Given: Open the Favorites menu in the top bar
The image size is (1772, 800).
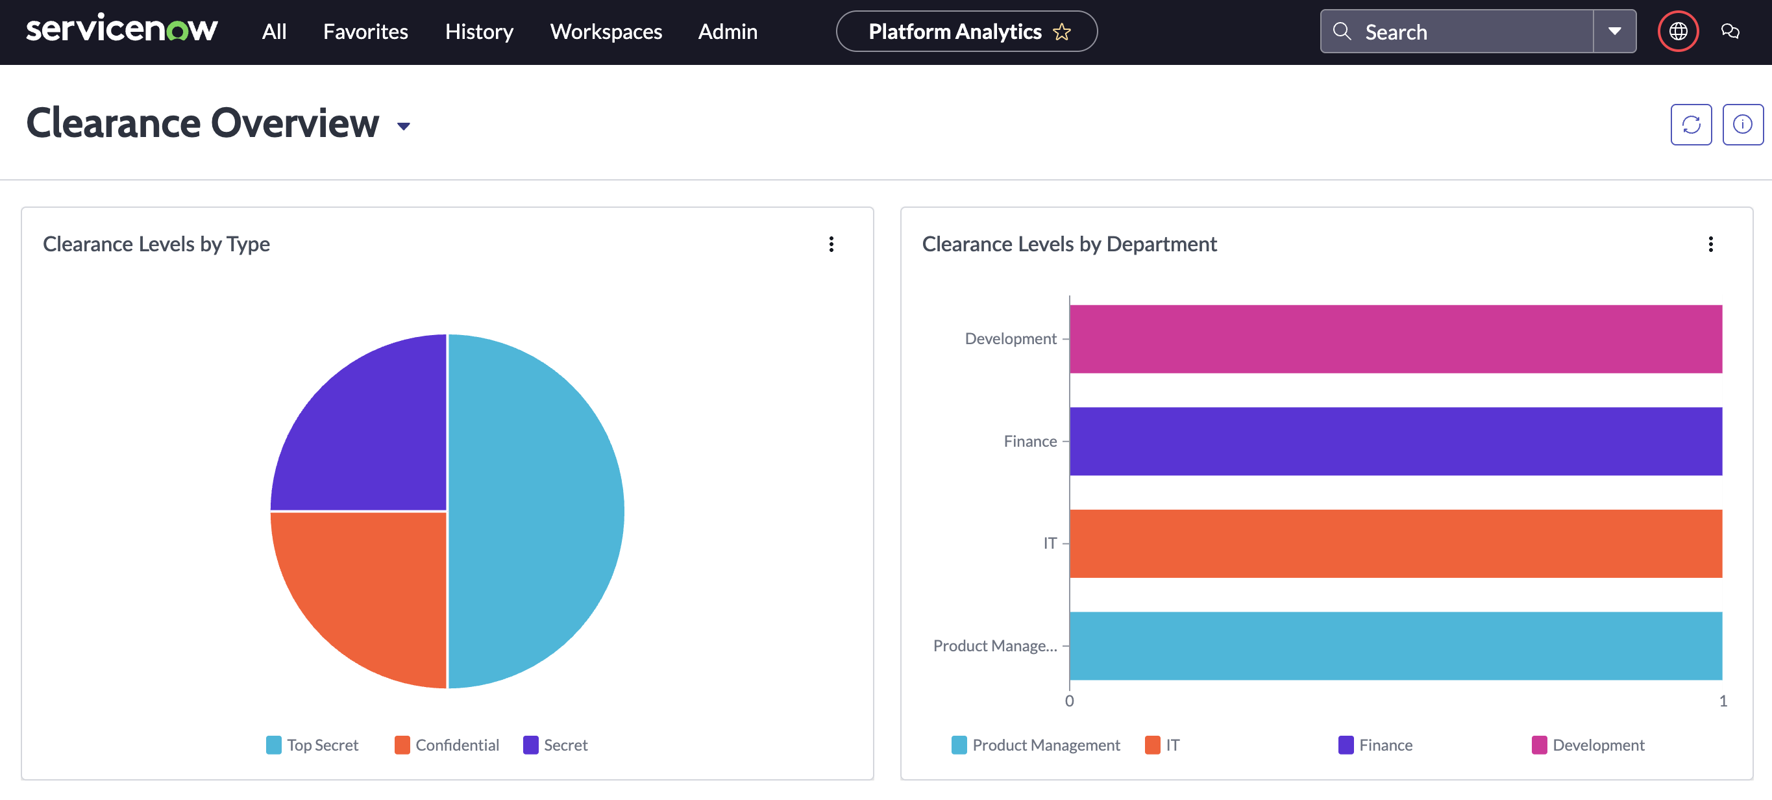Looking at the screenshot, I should pyautogui.click(x=365, y=32).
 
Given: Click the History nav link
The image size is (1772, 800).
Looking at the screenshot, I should pyautogui.click(x=479, y=32).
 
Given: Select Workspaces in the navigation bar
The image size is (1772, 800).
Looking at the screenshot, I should pyautogui.click(x=606, y=32).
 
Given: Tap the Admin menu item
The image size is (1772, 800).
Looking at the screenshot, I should pyautogui.click(x=727, y=32).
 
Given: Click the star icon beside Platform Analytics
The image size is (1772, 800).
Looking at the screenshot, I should pyautogui.click(x=1061, y=32).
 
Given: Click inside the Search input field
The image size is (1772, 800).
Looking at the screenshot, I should pyautogui.click(x=1472, y=32).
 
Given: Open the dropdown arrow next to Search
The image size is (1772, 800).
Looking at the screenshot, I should pyautogui.click(x=1614, y=32).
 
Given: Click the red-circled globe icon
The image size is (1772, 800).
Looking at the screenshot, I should pyautogui.click(x=1678, y=32).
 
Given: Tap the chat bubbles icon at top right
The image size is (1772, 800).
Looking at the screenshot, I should pyautogui.click(x=1730, y=32).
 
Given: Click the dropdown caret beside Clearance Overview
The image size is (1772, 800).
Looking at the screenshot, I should pyautogui.click(x=404, y=126).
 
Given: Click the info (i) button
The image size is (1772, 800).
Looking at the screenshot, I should pyautogui.click(x=1741, y=125).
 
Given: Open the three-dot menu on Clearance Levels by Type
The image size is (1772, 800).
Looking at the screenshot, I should pyautogui.click(x=831, y=244).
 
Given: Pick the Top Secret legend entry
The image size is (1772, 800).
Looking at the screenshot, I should pyautogui.click(x=312, y=745).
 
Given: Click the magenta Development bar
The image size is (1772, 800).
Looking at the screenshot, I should pyautogui.click(x=1395, y=339).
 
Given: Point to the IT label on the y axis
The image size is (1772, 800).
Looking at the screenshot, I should pyautogui.click(x=1050, y=544).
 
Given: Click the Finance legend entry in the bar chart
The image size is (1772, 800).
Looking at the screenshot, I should pyautogui.click(x=1375, y=745).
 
